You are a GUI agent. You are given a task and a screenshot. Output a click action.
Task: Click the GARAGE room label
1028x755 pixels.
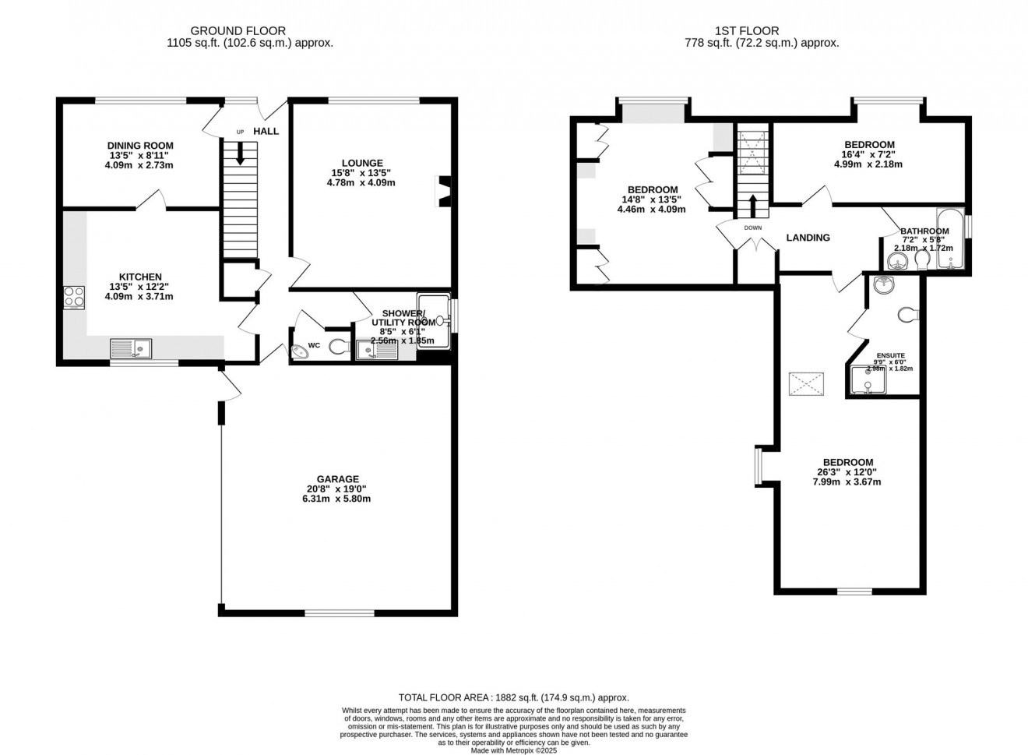pos(337,479)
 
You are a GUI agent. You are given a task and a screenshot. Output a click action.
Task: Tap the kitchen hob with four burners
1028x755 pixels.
pos(74,297)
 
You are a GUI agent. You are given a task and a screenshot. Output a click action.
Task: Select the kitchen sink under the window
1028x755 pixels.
pos(131,348)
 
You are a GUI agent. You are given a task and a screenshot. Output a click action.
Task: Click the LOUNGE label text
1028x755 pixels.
pos(361,163)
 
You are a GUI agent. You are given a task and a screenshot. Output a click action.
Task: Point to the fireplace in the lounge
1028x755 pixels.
pos(444,192)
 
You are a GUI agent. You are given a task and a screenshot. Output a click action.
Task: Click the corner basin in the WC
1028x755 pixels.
pos(298,352)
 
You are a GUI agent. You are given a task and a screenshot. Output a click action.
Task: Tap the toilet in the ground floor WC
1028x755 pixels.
pos(339,347)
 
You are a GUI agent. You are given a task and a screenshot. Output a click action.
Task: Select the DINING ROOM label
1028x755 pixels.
pos(140,146)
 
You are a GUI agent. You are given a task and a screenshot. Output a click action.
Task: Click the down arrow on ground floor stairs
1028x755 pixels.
pos(240,152)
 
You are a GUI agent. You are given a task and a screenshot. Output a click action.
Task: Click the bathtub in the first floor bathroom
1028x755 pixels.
pos(951,238)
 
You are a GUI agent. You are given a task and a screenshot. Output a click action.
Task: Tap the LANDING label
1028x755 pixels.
pos(808,238)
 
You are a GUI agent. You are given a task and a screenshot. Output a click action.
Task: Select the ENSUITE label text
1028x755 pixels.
pos(890,355)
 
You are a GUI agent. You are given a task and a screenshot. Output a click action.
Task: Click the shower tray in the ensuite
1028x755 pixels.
pos(866,380)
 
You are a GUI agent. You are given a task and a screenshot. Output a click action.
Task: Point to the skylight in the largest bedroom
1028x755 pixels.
pos(807,383)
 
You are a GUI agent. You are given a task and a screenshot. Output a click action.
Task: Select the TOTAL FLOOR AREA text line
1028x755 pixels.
pos(513,698)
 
